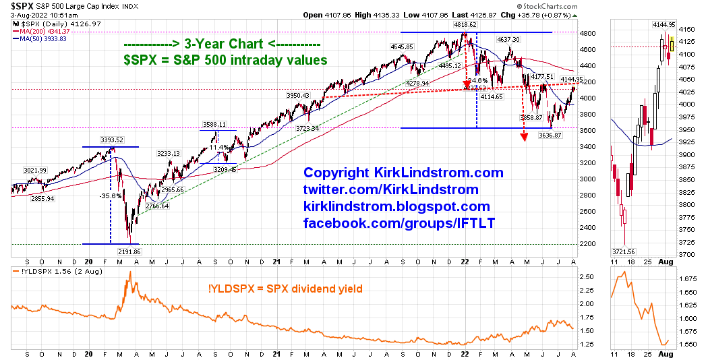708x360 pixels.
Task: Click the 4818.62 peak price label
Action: point(465,24)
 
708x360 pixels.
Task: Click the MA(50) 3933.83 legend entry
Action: point(42,38)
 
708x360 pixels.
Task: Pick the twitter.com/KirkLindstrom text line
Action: point(391,189)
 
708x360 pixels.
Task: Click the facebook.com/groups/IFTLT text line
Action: point(399,222)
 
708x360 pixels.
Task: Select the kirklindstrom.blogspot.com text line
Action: point(396,206)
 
